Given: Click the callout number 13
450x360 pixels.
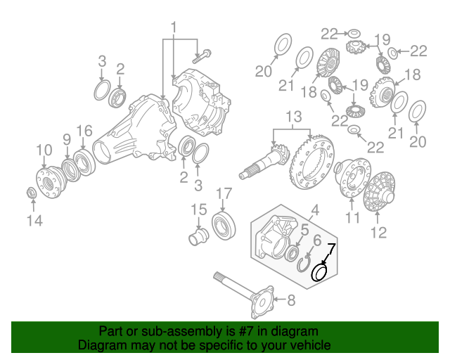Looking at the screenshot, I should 293,116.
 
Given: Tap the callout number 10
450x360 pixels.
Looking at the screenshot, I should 44,149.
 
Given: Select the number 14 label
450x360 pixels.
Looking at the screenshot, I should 34,221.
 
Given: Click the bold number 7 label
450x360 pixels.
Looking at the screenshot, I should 331,247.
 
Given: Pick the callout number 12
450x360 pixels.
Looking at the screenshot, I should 378,233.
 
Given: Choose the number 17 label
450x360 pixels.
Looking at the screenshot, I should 223,193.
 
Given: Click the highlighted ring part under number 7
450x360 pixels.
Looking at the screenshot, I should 319,271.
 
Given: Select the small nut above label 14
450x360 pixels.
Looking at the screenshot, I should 32,193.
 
